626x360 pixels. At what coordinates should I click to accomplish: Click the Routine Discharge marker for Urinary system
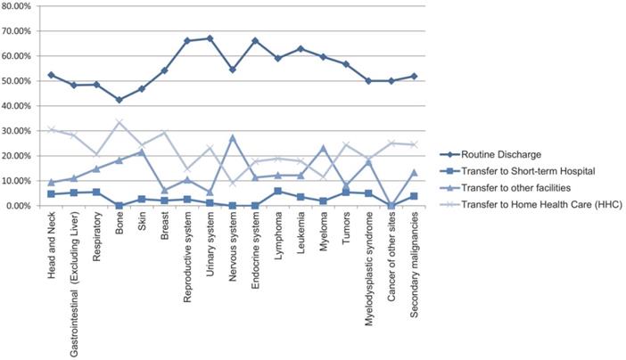click(x=210, y=38)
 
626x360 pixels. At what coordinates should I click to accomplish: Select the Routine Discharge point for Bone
click(x=119, y=100)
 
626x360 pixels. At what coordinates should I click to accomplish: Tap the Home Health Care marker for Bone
click(x=119, y=122)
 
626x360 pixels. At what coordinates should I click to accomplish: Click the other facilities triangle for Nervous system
click(x=233, y=137)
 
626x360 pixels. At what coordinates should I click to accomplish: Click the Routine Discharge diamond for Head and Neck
click(x=51, y=75)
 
